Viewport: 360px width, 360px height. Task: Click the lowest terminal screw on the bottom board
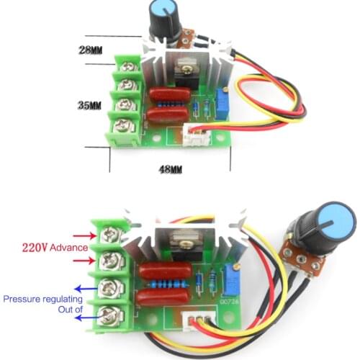tap(109, 315)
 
